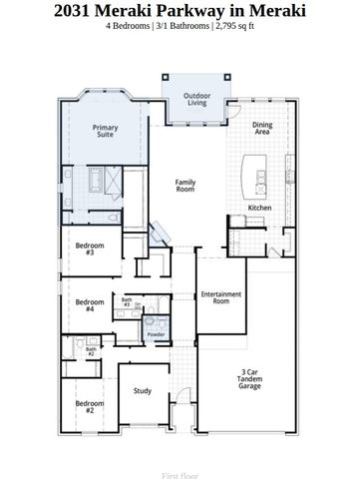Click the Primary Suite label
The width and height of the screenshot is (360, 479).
point(105,132)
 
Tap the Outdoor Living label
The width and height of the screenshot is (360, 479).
point(196,100)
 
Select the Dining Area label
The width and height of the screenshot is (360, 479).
point(263,128)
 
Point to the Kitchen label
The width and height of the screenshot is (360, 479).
point(259,208)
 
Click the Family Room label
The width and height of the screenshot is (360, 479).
point(185,185)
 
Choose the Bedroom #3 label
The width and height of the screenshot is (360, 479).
point(90,248)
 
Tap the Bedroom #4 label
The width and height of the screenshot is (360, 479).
point(90,305)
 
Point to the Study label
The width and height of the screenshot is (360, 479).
point(143,390)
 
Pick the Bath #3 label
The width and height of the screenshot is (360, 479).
point(127,300)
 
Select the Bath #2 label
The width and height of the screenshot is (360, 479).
point(90,351)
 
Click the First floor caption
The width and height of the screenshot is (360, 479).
point(180,465)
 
